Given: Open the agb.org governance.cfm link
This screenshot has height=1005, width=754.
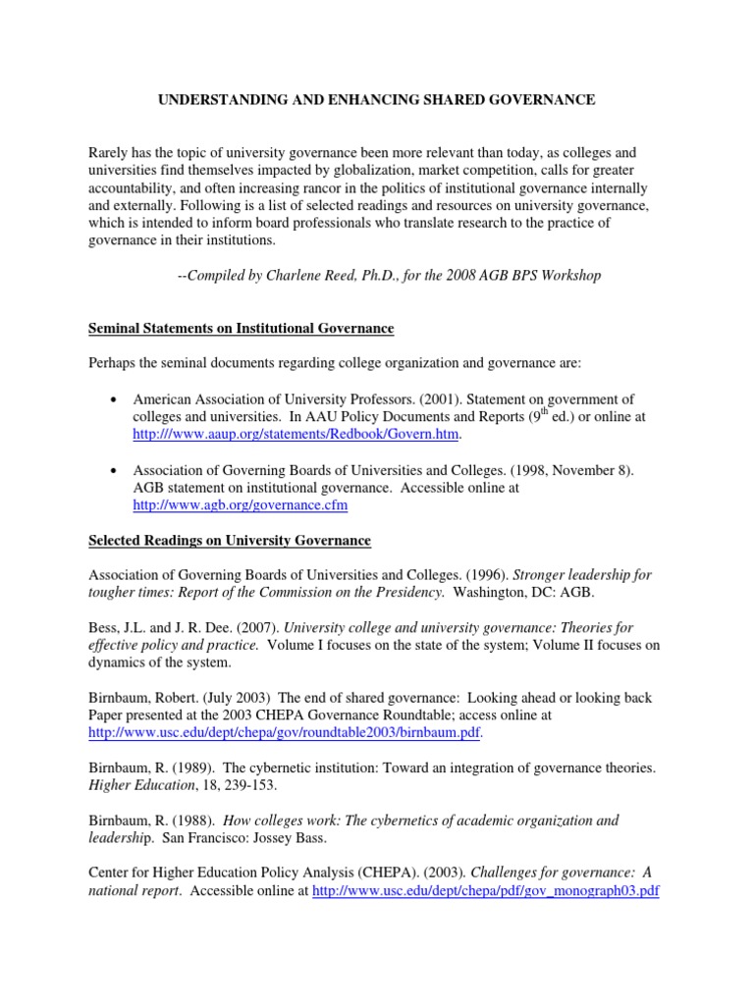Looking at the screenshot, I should (240, 504).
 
